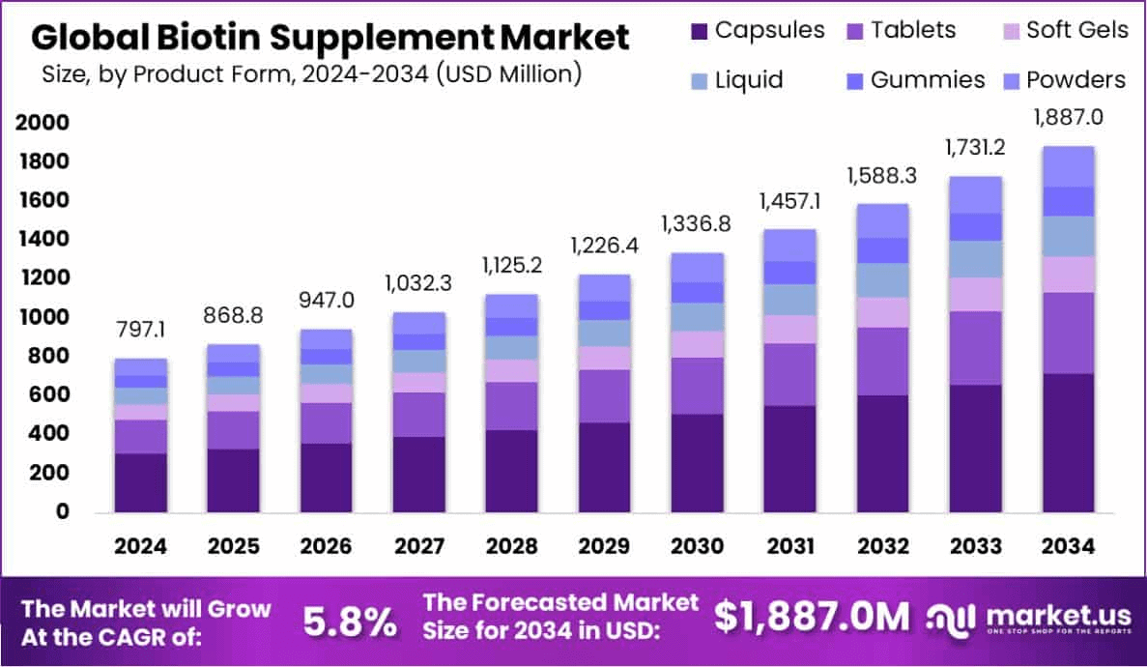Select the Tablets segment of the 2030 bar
coord(697,386)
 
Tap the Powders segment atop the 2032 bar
coord(882,220)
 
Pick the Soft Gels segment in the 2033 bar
coord(975,294)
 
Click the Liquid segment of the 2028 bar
coord(511,347)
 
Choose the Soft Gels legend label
coord(1076,30)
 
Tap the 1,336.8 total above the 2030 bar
coord(697,224)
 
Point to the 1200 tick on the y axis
coord(42,278)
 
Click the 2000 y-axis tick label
coord(42,123)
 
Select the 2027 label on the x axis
coord(418,545)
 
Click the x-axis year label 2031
coord(789,545)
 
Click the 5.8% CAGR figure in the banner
coord(350,622)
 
